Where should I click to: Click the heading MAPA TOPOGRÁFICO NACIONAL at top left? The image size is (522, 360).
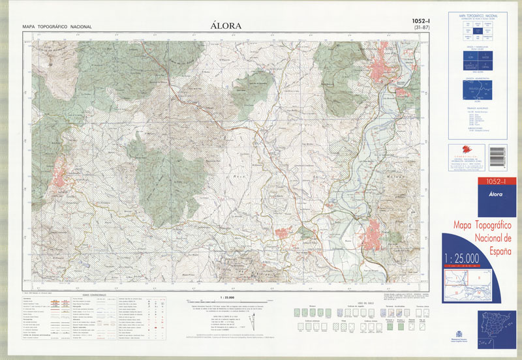(x=57, y=27)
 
